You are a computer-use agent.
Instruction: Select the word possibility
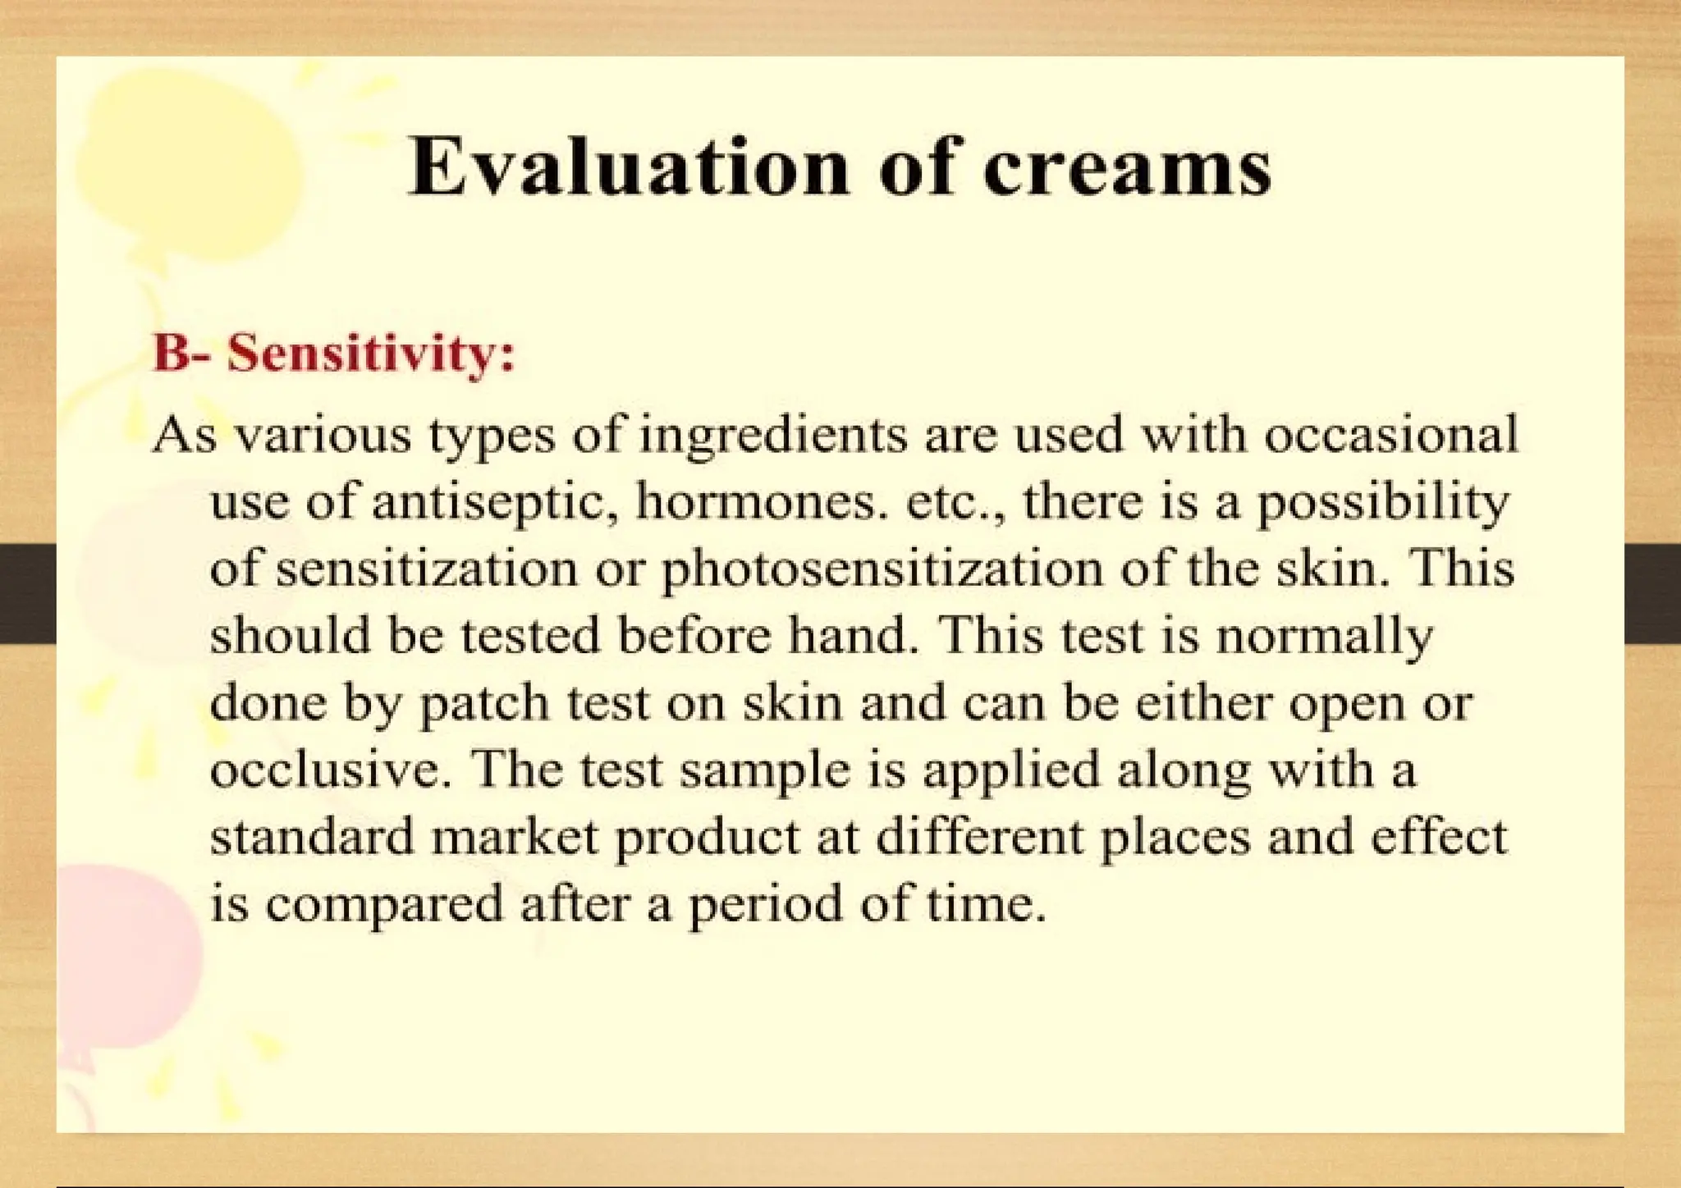1383,502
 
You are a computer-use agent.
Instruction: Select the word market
514,837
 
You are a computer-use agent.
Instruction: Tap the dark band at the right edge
1652,592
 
